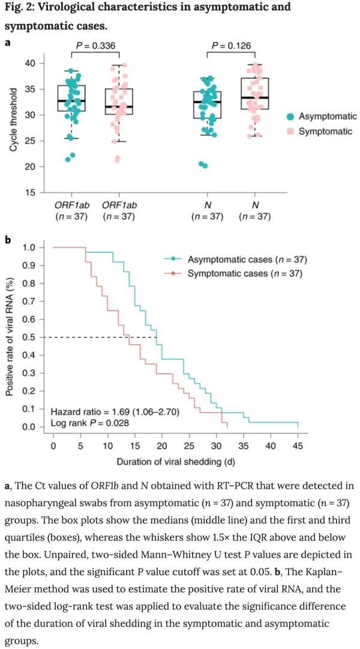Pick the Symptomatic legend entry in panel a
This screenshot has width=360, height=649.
pyautogui.click(x=325, y=131)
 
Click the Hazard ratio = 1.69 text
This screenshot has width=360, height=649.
pyautogui.click(x=114, y=412)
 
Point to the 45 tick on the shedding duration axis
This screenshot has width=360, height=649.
pyautogui.click(x=298, y=446)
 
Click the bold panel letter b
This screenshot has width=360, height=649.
pyautogui.click(x=7, y=240)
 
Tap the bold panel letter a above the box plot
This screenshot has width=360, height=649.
pyautogui.click(x=7, y=43)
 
